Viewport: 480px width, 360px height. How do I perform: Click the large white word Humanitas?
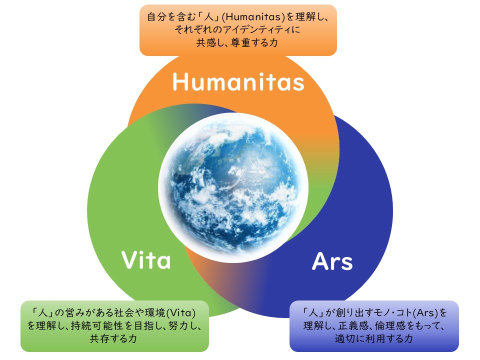click(238, 81)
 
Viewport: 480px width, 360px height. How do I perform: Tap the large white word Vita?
click(146, 260)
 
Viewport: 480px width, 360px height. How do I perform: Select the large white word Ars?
click(332, 261)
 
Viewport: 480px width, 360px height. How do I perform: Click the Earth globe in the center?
click(233, 187)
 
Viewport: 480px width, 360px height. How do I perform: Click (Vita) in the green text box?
click(180, 313)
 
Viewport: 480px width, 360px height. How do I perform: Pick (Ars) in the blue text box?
click(425, 313)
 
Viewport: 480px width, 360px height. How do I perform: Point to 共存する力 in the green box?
click(113, 338)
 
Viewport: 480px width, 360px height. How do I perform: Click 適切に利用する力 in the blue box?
click(373, 338)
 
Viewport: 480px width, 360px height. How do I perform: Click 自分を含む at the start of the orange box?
click(171, 17)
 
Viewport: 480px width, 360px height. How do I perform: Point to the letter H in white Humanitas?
click(180, 81)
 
